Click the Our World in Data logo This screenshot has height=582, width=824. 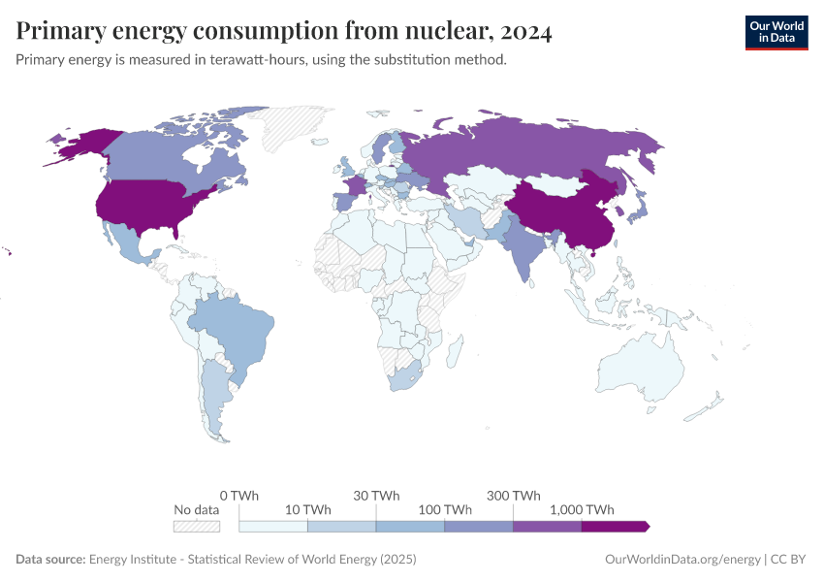[776, 32]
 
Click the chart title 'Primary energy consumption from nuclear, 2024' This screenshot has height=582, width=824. [284, 32]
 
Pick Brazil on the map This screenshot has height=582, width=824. [233, 325]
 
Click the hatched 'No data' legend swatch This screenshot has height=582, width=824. [197, 526]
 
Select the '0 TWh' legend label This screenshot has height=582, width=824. [238, 495]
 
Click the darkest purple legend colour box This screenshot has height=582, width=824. [616, 526]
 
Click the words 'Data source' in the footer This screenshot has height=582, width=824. [50, 560]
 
